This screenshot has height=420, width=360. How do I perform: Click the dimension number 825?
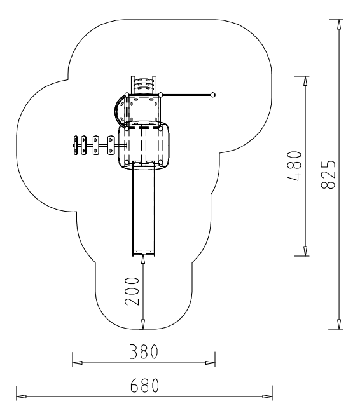click(x=328, y=175)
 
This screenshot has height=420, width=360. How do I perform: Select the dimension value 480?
click(x=294, y=166)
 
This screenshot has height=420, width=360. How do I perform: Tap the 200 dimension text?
click(x=132, y=291)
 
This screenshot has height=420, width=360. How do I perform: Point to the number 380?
click(x=144, y=352)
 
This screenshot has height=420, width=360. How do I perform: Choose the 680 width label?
click(x=144, y=386)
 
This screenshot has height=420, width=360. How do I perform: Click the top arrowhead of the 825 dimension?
click(x=340, y=24)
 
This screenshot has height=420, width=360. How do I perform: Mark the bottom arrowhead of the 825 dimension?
click(x=340, y=325)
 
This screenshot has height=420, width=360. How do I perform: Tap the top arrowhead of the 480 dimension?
click(x=305, y=81)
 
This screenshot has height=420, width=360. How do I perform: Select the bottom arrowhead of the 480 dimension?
click(x=305, y=252)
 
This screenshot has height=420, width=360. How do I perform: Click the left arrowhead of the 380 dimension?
click(x=77, y=363)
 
